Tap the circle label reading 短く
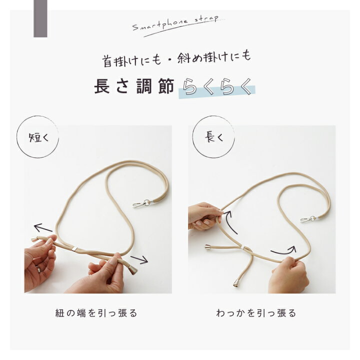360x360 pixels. (x=37, y=137)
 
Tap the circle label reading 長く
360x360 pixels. (x=213, y=137)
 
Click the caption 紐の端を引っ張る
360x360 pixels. (x=96, y=313)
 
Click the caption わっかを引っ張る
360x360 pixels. (x=256, y=313)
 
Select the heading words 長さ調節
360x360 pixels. (x=134, y=86)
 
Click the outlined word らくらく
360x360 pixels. (x=217, y=87)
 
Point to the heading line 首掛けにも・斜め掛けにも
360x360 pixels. (x=176, y=59)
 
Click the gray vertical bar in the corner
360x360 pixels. (x=40, y=18)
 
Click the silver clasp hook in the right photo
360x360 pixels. (x=309, y=219)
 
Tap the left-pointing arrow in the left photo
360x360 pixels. (x=43, y=227)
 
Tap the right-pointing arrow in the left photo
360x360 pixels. (x=139, y=259)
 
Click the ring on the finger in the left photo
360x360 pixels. (x=38, y=268)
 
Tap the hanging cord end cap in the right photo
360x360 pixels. (x=236, y=283)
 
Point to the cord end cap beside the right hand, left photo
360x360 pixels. (x=133, y=270)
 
